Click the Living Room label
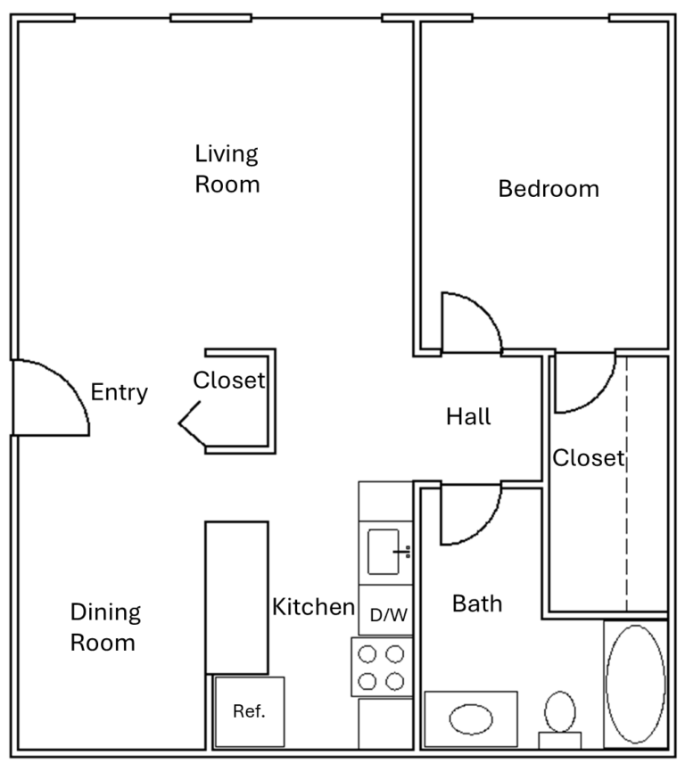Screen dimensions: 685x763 click(x=227, y=168)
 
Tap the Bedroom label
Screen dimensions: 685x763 click(x=549, y=189)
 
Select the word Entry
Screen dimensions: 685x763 click(x=120, y=392)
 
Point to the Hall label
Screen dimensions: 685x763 click(x=468, y=416)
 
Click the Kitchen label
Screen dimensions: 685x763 click(x=314, y=607)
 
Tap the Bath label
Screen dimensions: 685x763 click(x=477, y=603)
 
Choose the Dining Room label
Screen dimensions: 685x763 click(x=105, y=628)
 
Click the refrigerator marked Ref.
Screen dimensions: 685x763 click(x=249, y=711)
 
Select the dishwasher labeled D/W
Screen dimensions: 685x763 click(x=385, y=611)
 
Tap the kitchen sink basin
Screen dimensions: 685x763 click(x=384, y=552)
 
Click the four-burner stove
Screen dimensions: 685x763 click(x=382, y=667)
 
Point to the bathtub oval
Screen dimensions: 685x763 click(x=635, y=685)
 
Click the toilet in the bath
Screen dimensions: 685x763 click(x=560, y=719)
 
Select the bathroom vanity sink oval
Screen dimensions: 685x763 click(x=471, y=719)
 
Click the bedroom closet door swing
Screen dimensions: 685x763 click(x=597, y=397)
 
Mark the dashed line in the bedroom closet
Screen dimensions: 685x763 click(x=626, y=483)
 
